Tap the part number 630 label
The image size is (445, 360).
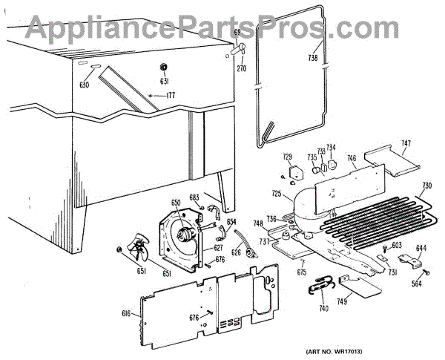click(84, 85)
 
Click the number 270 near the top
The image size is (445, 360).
click(241, 68)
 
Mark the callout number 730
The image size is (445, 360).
click(426, 186)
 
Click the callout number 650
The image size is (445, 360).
click(176, 202)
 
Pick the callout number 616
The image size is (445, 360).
click(126, 314)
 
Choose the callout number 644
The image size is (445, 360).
click(421, 249)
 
